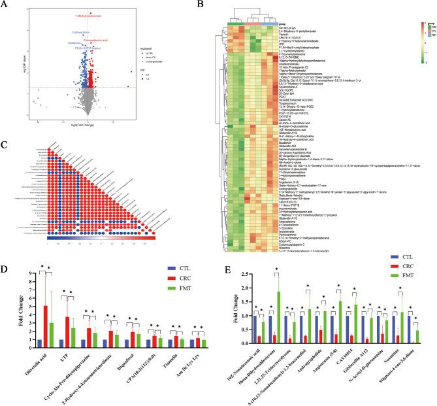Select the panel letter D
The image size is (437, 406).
[x=5, y=250]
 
